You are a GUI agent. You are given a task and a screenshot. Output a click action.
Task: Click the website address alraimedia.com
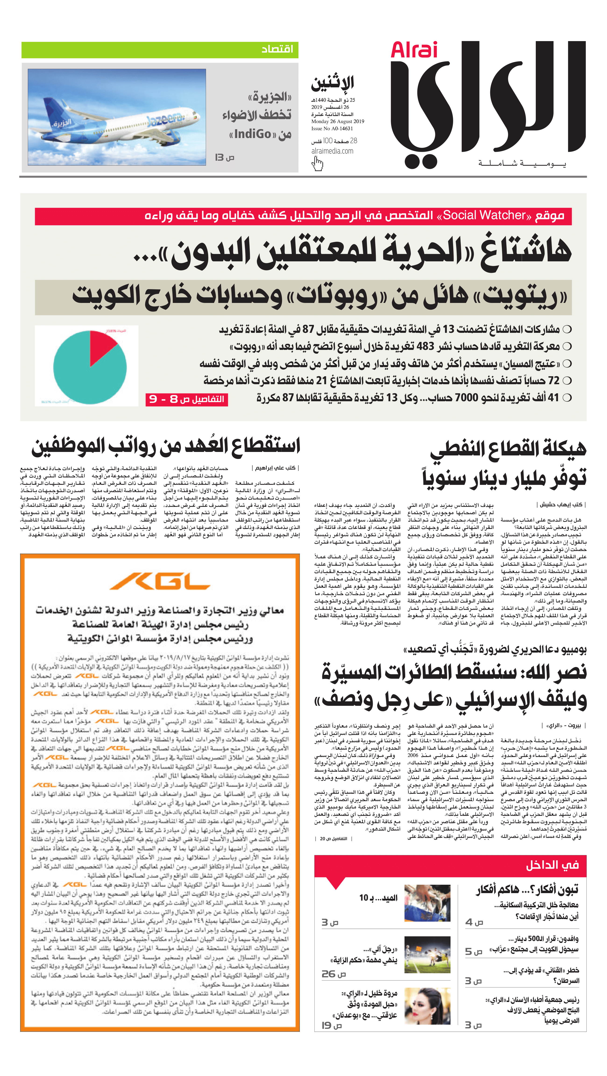(x=332, y=151)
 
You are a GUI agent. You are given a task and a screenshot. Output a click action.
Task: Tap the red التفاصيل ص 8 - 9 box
(x=187, y=399)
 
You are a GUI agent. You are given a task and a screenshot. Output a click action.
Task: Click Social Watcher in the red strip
(x=484, y=216)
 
